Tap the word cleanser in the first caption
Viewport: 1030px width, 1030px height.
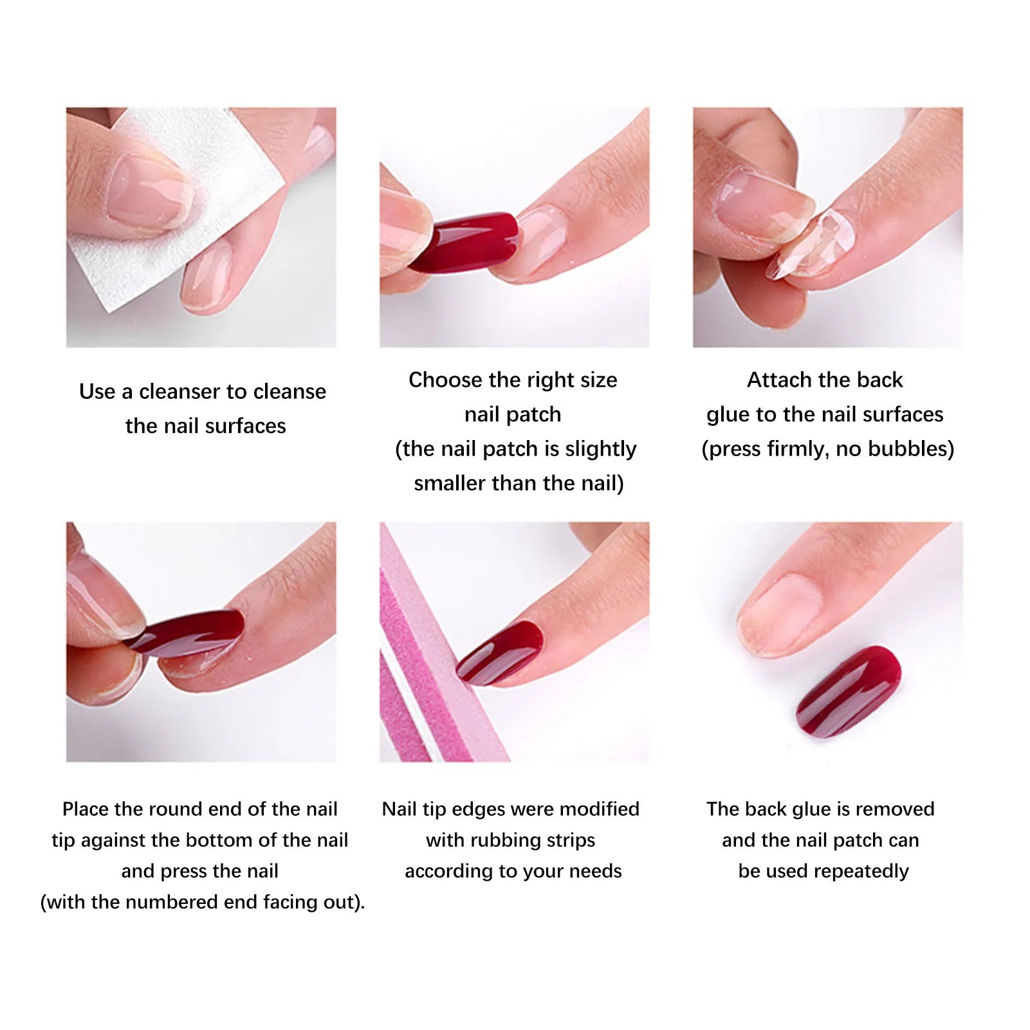point(192,392)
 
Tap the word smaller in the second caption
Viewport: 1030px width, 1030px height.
point(450,483)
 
